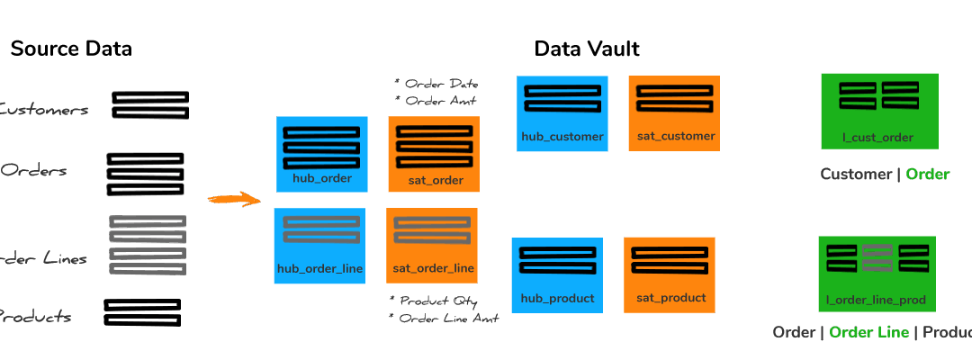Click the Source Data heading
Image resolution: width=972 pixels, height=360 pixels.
pos(71,49)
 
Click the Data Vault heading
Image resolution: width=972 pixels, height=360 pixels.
pos(587,49)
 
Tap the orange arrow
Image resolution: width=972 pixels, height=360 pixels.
pos(231,199)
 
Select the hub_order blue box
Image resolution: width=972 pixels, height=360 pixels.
pos(321,154)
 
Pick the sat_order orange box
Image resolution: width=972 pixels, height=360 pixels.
pos(434,154)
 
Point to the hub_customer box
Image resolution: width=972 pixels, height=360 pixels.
pos(562,113)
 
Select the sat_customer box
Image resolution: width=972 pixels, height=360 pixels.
pos(674,113)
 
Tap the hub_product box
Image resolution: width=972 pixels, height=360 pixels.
pos(557,275)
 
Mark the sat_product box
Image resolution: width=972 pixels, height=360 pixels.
pos(670,274)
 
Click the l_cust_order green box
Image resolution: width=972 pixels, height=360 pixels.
pos(878,111)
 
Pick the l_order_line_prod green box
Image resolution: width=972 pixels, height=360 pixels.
pos(876,274)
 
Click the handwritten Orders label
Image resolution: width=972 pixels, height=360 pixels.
pos(34,171)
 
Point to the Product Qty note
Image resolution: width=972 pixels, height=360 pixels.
pos(433,301)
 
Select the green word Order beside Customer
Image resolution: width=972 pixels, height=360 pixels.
pos(927,175)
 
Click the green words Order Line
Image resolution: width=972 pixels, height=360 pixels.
pos(868,333)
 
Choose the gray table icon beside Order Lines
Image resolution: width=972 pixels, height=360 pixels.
pos(148,245)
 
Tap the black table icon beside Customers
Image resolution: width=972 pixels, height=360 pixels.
pos(150,105)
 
